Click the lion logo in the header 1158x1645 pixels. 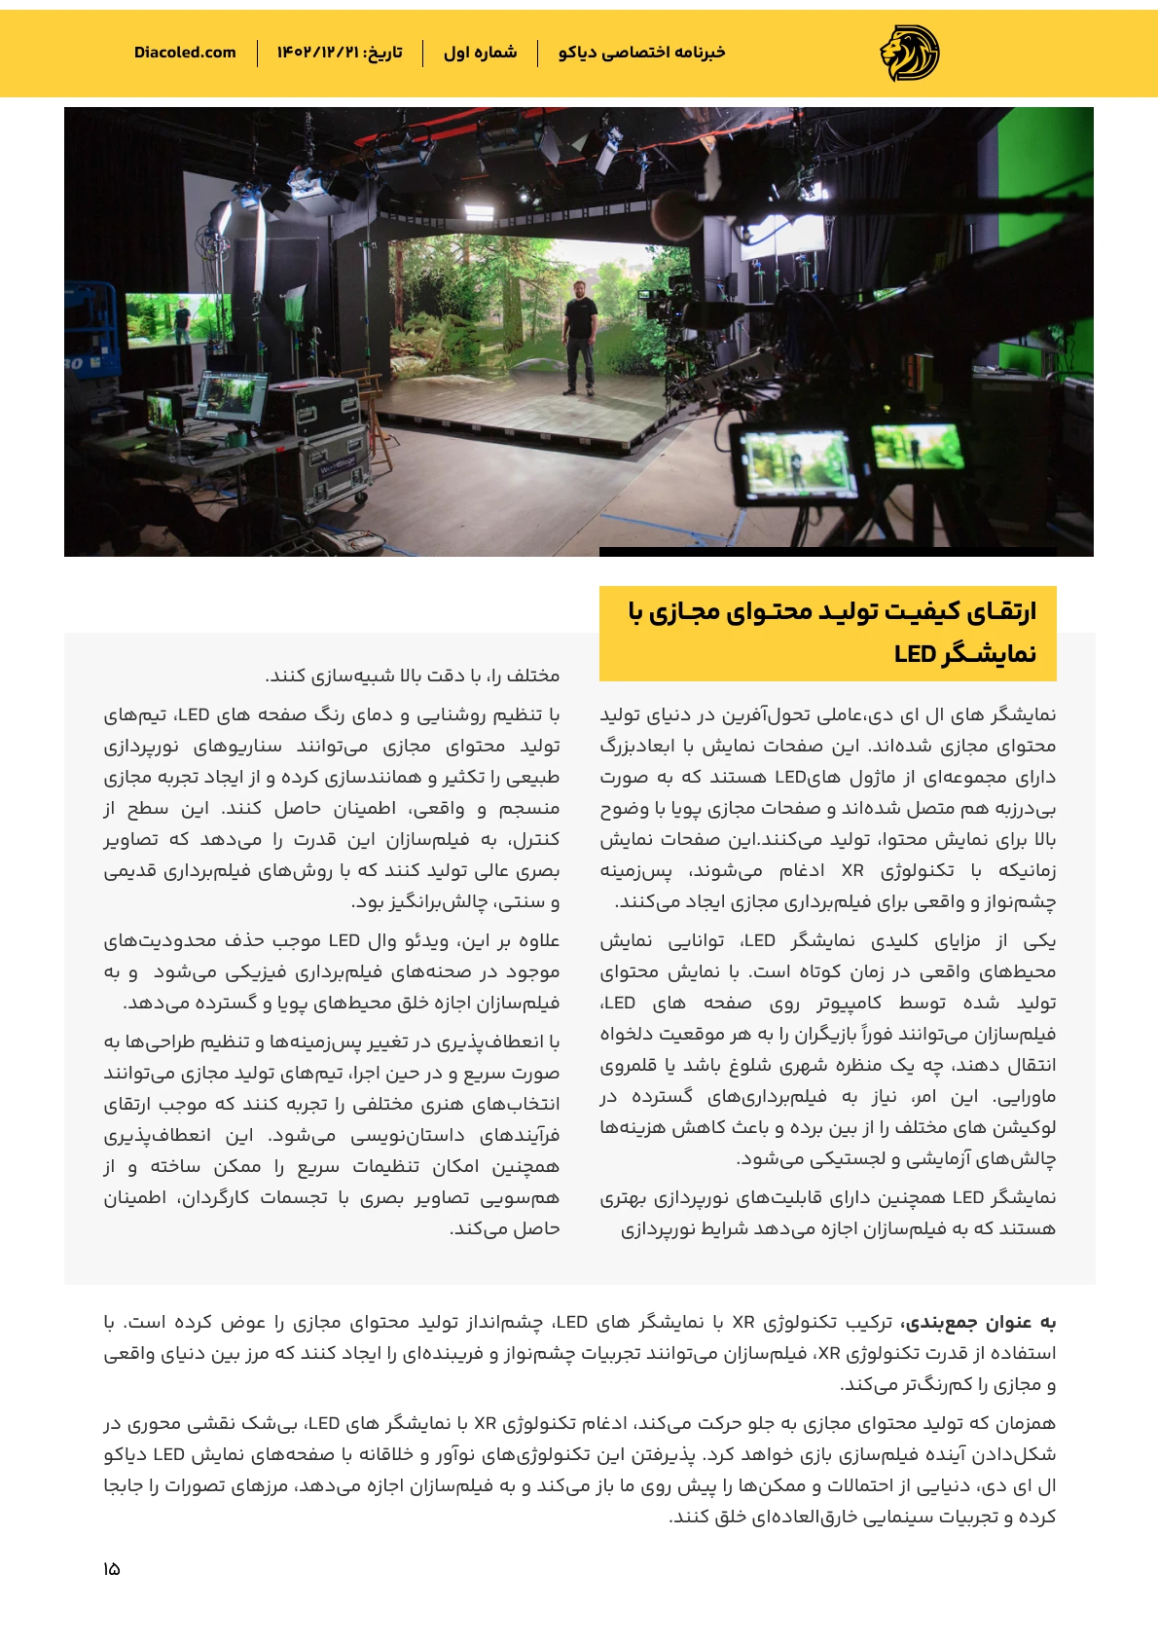coord(910,53)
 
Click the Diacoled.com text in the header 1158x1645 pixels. coord(185,53)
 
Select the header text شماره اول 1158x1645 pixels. coord(480,53)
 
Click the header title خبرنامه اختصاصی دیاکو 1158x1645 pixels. coord(641,53)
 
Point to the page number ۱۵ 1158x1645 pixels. coord(111,1569)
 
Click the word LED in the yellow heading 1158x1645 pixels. coord(915,654)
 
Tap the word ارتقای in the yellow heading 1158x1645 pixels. coord(1001,611)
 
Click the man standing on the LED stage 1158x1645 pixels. coord(580,336)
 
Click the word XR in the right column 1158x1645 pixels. coord(852,870)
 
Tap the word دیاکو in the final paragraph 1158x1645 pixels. coord(128,1454)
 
